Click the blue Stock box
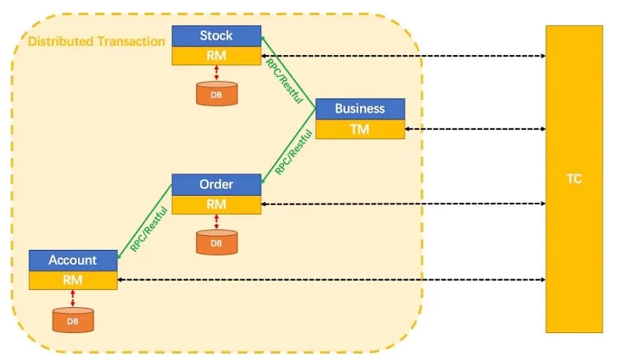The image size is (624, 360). pos(217,36)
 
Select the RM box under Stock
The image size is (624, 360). pos(217,55)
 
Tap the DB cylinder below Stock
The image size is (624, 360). pos(217,94)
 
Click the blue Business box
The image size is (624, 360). pos(360,109)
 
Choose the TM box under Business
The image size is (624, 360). pos(360,129)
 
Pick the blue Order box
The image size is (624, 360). pos(217,184)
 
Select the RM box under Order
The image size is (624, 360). pos(217,204)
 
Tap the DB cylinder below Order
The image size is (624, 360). pos(217,242)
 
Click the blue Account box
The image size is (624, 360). pos(73,261)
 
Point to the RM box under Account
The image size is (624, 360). pos(73,280)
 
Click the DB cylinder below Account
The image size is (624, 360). pos(73,320)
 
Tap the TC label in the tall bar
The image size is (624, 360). pos(574,179)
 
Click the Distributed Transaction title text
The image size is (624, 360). pos(96,41)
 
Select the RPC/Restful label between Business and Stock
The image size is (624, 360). pos(284,81)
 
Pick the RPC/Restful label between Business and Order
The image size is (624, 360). pos(294,152)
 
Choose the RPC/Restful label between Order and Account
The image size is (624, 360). pos(149,229)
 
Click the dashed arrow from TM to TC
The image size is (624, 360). pos(475,129)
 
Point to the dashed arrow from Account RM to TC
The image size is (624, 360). pos(332,280)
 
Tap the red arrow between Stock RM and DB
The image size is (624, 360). pos(217,73)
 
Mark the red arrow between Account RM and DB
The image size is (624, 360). pos(73,299)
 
